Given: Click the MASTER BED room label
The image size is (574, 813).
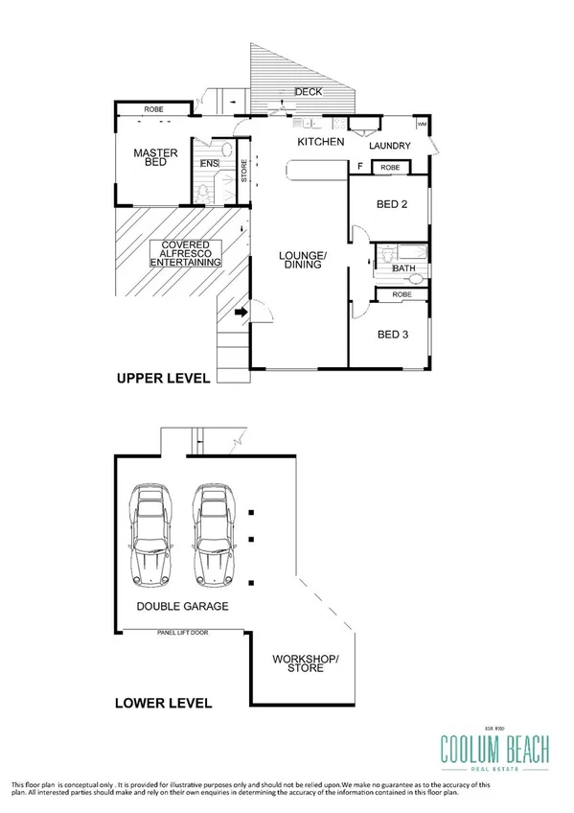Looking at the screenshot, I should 149,157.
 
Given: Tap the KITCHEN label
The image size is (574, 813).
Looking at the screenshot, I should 320,142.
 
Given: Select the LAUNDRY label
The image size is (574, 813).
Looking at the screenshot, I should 390,146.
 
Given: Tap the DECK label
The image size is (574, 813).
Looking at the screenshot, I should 309,92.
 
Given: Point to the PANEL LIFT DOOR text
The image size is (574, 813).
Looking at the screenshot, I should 185,633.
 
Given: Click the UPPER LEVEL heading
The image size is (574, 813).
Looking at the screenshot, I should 162,379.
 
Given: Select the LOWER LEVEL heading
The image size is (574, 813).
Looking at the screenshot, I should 163,703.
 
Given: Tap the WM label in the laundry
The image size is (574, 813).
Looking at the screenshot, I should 421,124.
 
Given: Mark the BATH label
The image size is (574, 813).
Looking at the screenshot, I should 404,268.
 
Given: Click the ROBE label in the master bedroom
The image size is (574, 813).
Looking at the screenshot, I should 153,109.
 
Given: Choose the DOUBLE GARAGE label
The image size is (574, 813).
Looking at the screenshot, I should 182,607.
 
